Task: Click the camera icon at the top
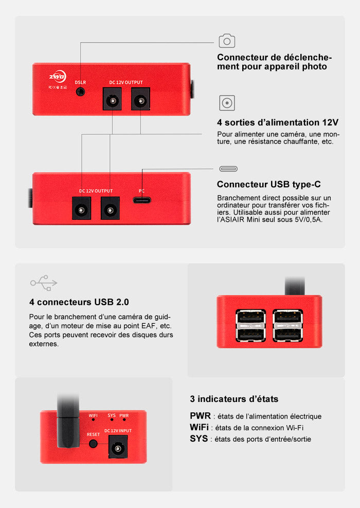point(227,41)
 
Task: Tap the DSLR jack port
point(80,92)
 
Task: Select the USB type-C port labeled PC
point(142,200)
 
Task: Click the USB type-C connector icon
point(228,169)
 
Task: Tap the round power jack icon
point(227,103)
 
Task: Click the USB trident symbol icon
point(44,282)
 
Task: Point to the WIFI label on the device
point(93,415)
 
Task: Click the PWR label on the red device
point(124,415)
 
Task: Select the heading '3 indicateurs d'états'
point(234,399)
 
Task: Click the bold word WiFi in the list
point(199,427)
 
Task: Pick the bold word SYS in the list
point(199,439)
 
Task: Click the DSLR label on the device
point(80,82)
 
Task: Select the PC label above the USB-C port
point(141,190)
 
